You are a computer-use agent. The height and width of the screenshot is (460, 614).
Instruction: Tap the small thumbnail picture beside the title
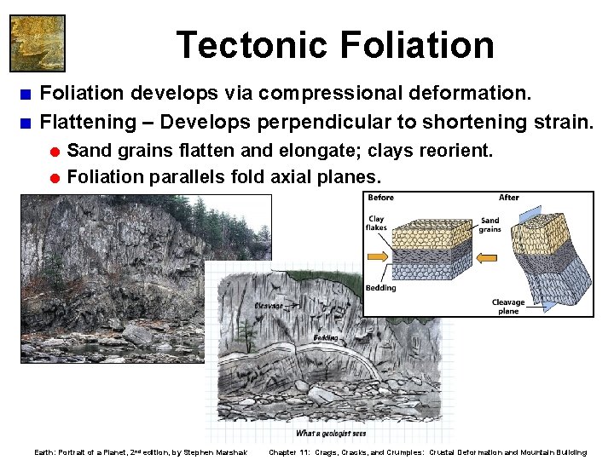tap(37, 43)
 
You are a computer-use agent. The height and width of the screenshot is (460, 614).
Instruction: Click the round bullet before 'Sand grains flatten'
tap(54, 152)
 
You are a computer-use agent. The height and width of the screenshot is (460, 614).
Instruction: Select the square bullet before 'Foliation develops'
tap(27, 92)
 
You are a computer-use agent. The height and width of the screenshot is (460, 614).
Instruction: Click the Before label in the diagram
tap(380, 198)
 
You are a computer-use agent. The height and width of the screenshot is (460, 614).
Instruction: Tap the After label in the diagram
tap(509, 198)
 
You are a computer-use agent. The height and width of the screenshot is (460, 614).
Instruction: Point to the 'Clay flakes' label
tap(376, 223)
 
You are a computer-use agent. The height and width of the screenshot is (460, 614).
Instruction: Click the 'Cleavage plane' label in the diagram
tap(508, 307)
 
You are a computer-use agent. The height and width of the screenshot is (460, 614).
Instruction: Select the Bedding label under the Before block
tap(380, 288)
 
